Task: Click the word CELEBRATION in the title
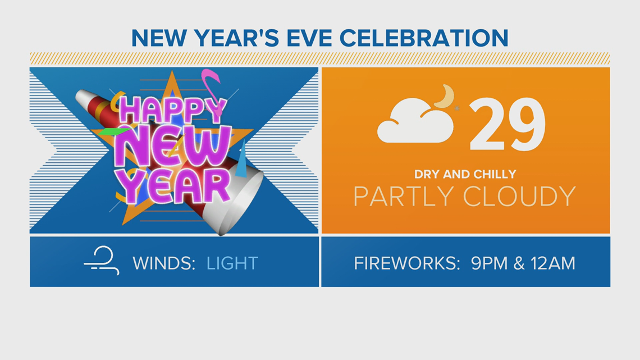click(x=424, y=38)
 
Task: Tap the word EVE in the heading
click(x=309, y=38)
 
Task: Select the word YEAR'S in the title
click(x=236, y=38)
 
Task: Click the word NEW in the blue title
click(x=159, y=38)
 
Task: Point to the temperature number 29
click(x=508, y=124)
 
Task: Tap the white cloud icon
click(x=415, y=121)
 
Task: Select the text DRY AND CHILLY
click(x=465, y=174)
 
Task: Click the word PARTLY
click(x=404, y=197)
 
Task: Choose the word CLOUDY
click(x=520, y=197)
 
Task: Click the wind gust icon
click(x=102, y=261)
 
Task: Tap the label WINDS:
click(x=164, y=263)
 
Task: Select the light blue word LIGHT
click(x=232, y=263)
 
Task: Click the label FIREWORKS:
click(x=407, y=263)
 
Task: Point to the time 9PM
click(x=490, y=263)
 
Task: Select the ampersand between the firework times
click(x=519, y=263)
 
